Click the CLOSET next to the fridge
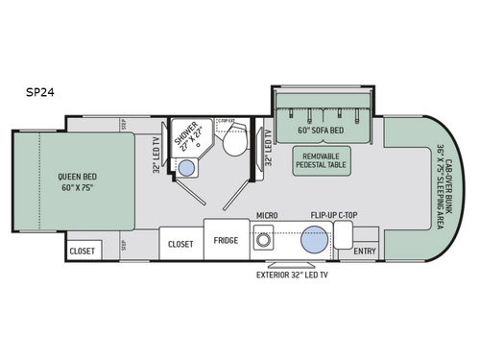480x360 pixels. (180, 244)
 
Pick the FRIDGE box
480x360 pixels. (226, 242)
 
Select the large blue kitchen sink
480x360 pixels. (311, 242)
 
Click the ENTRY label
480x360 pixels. (365, 252)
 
